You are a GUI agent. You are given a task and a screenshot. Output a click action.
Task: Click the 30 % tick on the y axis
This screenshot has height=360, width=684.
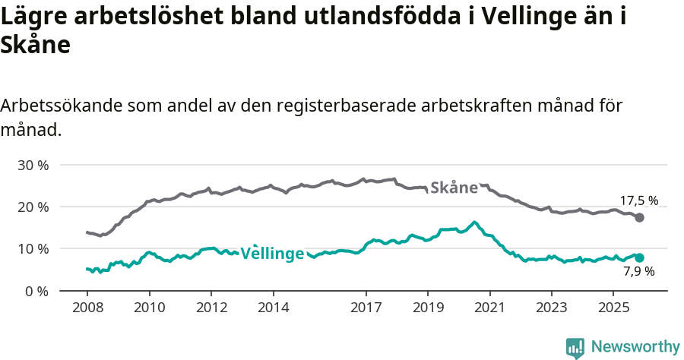(x=33, y=165)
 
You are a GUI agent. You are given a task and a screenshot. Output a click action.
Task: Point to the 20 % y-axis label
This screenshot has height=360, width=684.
(x=33, y=207)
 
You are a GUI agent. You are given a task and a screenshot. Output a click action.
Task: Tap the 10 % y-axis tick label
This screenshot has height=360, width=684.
(x=33, y=248)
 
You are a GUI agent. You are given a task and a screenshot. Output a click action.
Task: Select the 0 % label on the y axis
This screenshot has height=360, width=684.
(x=36, y=291)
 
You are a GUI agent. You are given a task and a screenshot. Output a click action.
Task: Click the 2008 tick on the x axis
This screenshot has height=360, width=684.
(x=87, y=308)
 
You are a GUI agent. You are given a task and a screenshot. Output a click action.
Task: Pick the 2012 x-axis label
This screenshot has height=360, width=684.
(x=211, y=308)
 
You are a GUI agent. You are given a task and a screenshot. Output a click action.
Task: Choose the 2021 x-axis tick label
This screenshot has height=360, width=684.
(x=489, y=308)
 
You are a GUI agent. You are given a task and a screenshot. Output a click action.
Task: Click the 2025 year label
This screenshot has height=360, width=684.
(x=613, y=308)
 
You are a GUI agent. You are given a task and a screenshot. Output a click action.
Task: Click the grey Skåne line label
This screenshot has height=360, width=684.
(x=454, y=188)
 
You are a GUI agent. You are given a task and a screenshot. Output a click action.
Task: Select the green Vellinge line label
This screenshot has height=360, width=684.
(x=273, y=254)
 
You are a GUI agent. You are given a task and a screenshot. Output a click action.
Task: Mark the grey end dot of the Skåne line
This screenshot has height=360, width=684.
(x=640, y=218)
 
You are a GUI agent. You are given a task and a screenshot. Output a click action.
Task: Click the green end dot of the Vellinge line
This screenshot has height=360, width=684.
(x=640, y=257)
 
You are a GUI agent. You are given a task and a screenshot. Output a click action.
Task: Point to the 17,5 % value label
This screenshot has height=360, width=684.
(x=638, y=201)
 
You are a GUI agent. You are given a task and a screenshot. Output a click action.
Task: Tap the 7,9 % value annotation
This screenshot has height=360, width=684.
(x=638, y=271)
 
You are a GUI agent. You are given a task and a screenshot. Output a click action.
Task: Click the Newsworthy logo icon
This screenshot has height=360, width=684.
(x=575, y=347)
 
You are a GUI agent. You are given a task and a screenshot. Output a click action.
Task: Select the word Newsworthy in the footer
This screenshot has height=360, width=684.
(x=635, y=347)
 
